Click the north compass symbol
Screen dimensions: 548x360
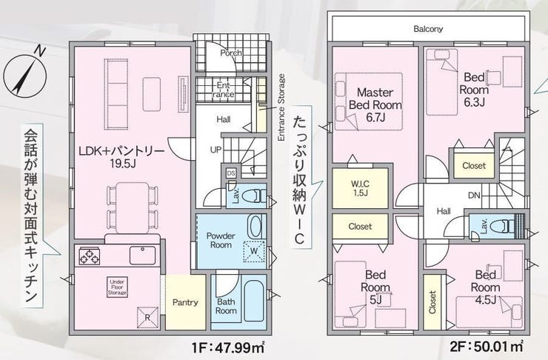click(x=25, y=74)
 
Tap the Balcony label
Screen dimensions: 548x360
click(x=428, y=29)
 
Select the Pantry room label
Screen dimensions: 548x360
click(x=185, y=302)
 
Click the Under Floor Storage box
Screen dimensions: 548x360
click(x=117, y=287)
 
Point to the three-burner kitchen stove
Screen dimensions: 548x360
click(x=90, y=256)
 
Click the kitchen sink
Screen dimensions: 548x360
click(x=143, y=256)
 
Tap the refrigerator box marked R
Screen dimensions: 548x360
click(x=147, y=318)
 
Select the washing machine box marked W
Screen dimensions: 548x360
click(x=254, y=251)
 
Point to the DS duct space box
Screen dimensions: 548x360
click(x=231, y=173)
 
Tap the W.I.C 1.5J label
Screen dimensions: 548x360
click(x=360, y=188)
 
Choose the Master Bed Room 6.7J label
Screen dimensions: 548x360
click(x=375, y=105)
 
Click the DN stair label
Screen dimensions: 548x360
click(x=474, y=196)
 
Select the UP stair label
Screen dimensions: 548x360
click(x=215, y=150)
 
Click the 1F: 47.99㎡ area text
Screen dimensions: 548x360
click(x=227, y=347)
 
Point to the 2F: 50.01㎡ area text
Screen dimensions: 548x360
click(x=487, y=347)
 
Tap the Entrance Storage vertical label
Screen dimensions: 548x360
click(x=281, y=107)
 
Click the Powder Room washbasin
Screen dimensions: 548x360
click(x=255, y=227)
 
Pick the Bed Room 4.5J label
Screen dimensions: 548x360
click(x=485, y=287)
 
